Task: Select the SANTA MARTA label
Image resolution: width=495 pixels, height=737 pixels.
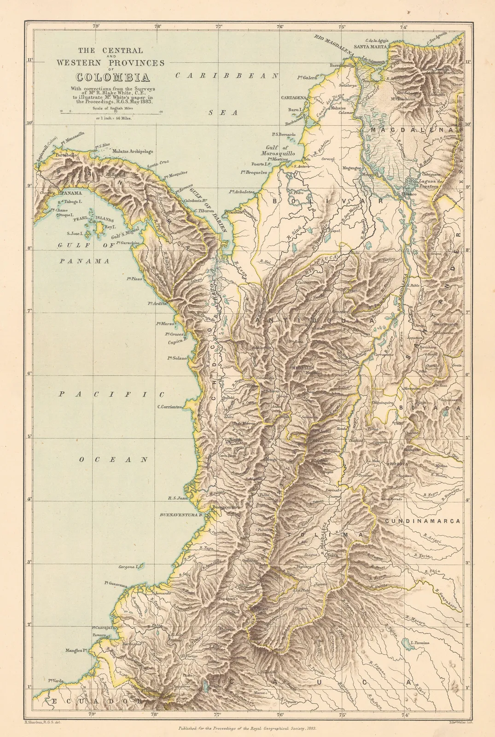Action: coord(369,46)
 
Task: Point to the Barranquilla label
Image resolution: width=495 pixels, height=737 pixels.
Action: coord(342,65)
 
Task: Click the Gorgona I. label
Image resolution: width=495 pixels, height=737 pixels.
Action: coord(128,567)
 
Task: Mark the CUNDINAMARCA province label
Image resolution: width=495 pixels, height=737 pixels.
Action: coord(423,521)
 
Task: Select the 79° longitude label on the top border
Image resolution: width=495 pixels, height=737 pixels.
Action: coord(96,26)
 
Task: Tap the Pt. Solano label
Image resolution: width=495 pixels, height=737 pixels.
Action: coord(177,358)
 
